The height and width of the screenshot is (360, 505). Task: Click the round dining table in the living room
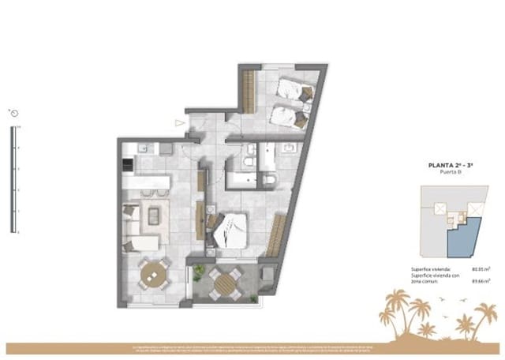(x=154, y=274)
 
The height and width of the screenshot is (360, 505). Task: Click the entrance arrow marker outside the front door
(x=180, y=123)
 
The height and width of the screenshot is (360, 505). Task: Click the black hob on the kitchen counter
(x=126, y=164)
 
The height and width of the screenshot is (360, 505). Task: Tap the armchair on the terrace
(x=265, y=276)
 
